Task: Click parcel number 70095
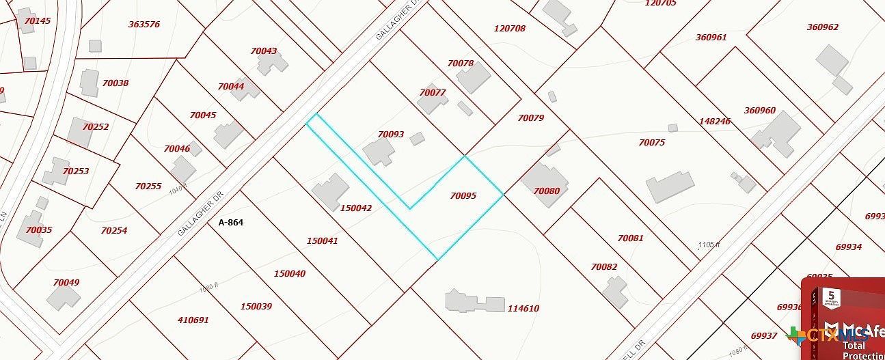pyautogui.click(x=463, y=196)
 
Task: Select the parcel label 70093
pyautogui.click(x=391, y=135)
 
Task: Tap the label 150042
pyautogui.click(x=355, y=208)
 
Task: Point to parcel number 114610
pyautogui.click(x=523, y=309)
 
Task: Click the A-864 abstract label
pyautogui.click(x=231, y=223)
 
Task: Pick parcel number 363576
pyautogui.click(x=144, y=25)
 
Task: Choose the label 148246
pyautogui.click(x=715, y=121)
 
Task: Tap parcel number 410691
pyautogui.click(x=193, y=320)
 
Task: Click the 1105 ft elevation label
pyautogui.click(x=709, y=245)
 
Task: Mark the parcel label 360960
pyautogui.click(x=760, y=111)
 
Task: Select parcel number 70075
pyautogui.click(x=652, y=143)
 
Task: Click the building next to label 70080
pyautogui.click(x=544, y=183)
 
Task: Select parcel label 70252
pyautogui.click(x=96, y=126)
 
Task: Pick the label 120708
pyautogui.click(x=510, y=29)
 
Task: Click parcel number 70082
pyautogui.click(x=604, y=267)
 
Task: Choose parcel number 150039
pyautogui.click(x=256, y=307)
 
